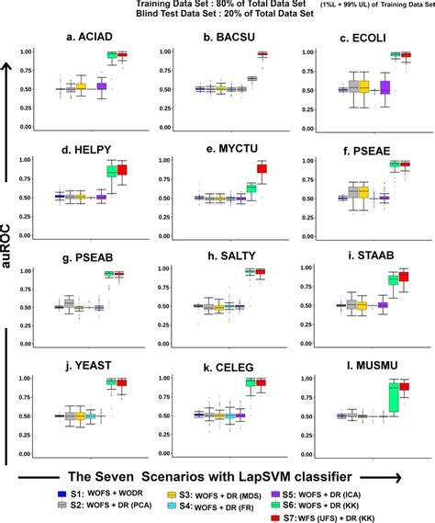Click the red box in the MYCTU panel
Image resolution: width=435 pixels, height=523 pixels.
point(262,168)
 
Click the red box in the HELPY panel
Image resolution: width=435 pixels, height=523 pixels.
point(122,170)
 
